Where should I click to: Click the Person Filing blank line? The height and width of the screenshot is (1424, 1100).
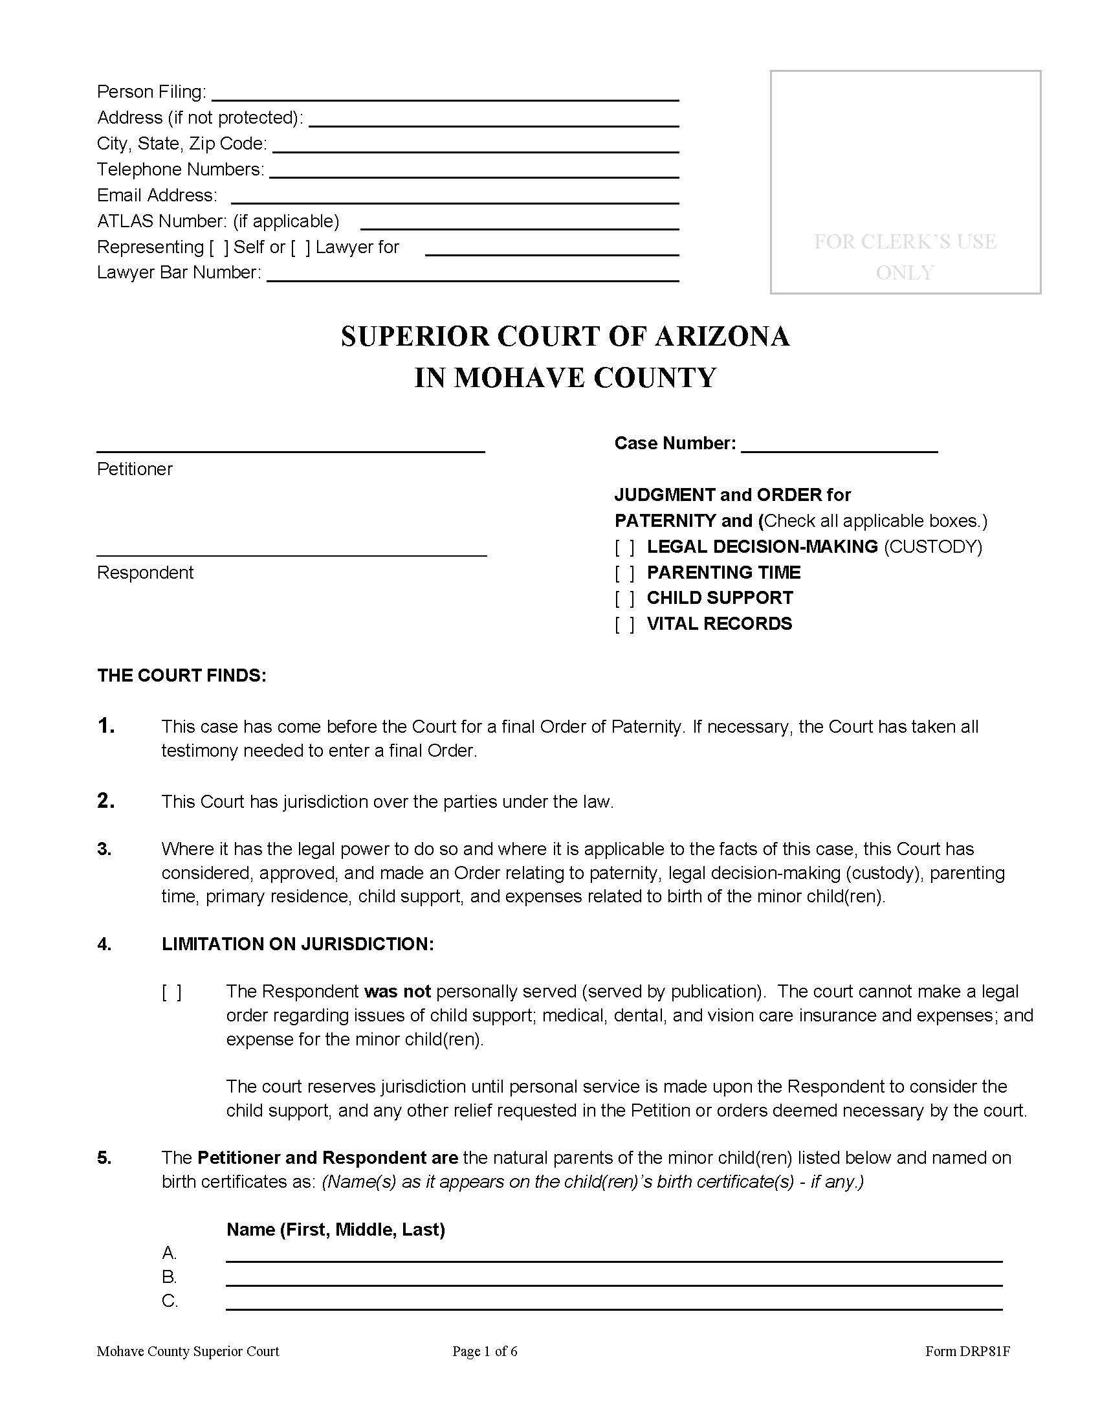[445, 93]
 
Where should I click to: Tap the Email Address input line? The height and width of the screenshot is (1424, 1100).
[454, 197]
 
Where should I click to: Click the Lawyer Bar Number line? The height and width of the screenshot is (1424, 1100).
[472, 274]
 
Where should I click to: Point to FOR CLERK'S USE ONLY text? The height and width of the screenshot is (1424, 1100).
[905, 256]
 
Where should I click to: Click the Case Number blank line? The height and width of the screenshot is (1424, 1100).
[839, 445]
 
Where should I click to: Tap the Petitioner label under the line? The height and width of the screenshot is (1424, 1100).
[135, 469]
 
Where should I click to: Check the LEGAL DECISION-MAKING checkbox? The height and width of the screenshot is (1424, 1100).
[624, 548]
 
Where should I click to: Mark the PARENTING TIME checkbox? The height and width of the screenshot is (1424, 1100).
[624, 573]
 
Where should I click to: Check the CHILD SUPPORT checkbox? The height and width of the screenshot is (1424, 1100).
[624, 599]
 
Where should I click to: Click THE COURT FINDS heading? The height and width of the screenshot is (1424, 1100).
[182, 676]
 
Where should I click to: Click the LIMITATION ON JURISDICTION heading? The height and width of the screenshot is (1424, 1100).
[297, 944]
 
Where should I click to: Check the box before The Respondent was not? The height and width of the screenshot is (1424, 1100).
[171, 992]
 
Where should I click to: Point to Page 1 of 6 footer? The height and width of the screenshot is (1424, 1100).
[484, 1352]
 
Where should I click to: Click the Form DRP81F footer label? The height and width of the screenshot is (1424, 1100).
[967, 1352]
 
